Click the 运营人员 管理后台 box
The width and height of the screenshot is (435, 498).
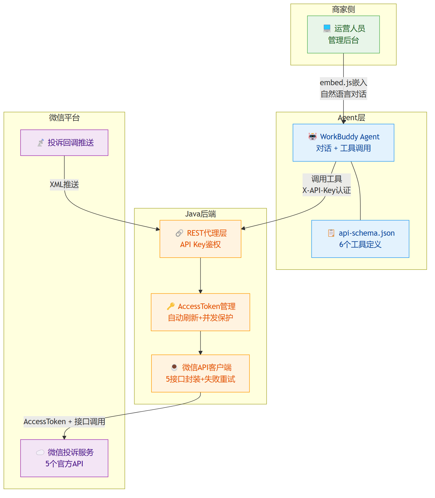point(343,34)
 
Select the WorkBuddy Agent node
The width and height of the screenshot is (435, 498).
point(343,143)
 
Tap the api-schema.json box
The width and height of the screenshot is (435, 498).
point(360,239)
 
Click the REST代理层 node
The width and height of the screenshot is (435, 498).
point(200,239)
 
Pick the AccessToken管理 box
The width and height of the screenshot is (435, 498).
point(200,312)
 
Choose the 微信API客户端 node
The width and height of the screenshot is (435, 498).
point(200,373)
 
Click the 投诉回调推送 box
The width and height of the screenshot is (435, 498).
point(64,143)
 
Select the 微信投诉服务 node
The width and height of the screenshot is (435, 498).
point(64,458)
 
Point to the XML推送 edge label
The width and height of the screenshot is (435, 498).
point(64,185)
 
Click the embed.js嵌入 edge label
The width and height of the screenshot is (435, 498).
point(343,83)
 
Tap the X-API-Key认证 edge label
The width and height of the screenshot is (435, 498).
point(327,190)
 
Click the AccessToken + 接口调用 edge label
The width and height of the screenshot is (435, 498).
point(64,422)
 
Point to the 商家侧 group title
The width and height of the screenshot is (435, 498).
point(343,10)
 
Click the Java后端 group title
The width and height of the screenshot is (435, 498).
point(200,214)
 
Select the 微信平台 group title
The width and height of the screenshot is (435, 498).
point(64,118)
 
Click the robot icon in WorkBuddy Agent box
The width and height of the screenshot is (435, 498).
point(312,136)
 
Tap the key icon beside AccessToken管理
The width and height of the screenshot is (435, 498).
point(171,306)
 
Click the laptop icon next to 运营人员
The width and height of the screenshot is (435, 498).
point(327,28)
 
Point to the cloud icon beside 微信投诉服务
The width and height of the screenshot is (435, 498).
point(40,452)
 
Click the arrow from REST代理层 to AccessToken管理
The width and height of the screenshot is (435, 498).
point(200,276)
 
